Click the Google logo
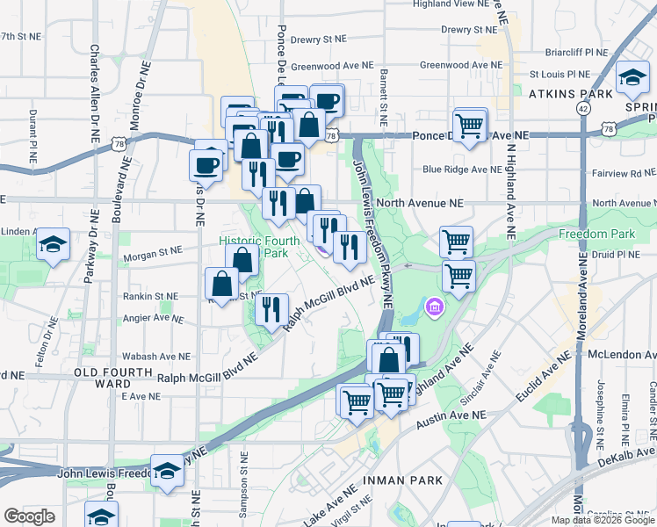tap(29, 516)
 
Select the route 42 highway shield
tap(583, 107)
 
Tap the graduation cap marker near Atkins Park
tap(632, 80)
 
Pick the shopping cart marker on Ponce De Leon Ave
tap(471, 125)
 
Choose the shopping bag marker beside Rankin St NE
tap(222, 284)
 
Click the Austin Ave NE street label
tap(451, 415)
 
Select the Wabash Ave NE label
tap(156, 357)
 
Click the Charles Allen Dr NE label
tap(94, 94)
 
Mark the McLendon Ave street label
tap(620, 354)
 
